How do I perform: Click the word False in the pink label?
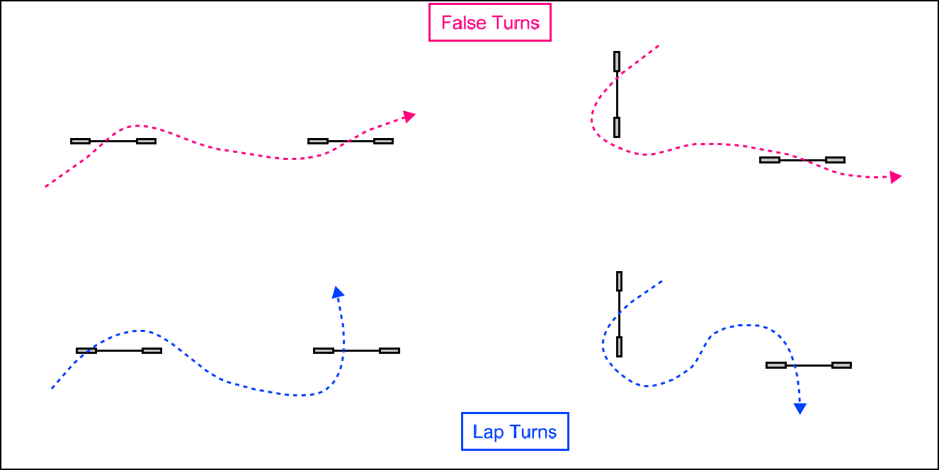460,23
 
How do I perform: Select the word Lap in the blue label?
487,432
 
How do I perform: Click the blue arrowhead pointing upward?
338,292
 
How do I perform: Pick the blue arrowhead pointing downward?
800,408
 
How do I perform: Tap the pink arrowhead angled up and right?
409,115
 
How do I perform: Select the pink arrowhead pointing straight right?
896,177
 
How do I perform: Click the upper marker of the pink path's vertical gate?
617,62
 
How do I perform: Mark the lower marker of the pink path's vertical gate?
617,127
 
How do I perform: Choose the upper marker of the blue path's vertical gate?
620,281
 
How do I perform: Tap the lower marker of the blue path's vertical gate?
620,347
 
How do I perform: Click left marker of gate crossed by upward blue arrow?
324,350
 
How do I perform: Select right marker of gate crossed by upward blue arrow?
389,350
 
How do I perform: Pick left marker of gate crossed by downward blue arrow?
776,365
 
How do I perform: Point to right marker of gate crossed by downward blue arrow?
841,365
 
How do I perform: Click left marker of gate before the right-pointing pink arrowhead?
770,160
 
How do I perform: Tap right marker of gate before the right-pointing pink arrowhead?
836,160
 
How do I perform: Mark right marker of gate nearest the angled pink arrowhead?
383,141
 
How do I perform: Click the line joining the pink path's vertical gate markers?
617,95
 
